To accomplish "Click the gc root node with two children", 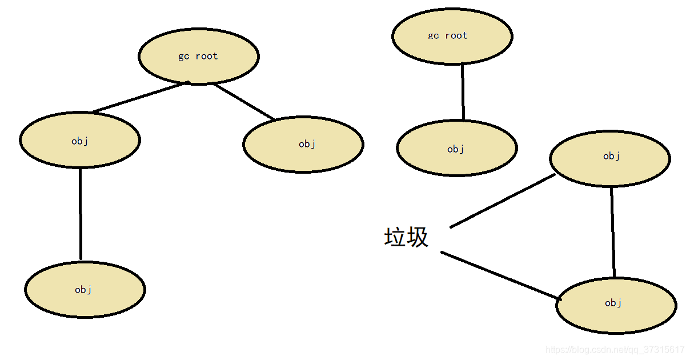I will tap(199, 56).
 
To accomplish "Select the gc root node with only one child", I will tap(452, 36).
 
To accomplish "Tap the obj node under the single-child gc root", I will tap(456, 149).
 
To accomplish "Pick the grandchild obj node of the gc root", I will tap(85, 290).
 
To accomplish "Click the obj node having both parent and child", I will tap(80, 140).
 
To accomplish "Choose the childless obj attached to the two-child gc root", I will tap(303, 144).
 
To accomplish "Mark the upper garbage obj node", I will tap(610, 158).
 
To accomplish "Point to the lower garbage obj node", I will tap(616, 304).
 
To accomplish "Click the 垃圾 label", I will tap(406, 237).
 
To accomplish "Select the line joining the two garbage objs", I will tap(613, 231).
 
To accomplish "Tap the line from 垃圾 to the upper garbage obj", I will tap(503, 201).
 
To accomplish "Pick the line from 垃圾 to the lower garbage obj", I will tap(500, 275).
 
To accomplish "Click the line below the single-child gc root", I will tap(463, 91).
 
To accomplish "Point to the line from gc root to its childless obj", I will tap(244, 102).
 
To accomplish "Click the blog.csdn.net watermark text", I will tap(615, 350).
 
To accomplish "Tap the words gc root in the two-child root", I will tap(198, 56).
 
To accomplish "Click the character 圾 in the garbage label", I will tap(418, 237).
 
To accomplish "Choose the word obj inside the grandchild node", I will tap(83, 290).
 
